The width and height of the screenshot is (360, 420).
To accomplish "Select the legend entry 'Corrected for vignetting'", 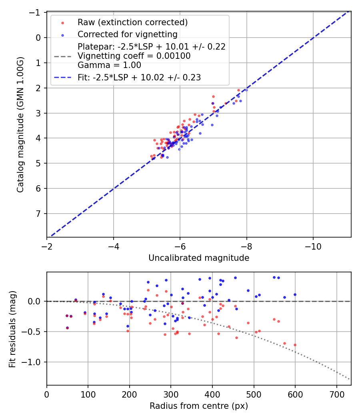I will [x=127, y=34].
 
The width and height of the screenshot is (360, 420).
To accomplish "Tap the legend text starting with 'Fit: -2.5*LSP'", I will [x=139, y=78].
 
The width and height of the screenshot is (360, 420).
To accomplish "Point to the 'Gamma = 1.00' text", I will [x=109, y=65].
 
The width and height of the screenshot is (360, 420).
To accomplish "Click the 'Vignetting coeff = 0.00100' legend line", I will [x=134, y=56].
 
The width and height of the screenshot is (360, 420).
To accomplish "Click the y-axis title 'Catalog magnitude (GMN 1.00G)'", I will [x=20, y=124].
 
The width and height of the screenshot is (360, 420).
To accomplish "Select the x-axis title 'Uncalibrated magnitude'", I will [x=199, y=258].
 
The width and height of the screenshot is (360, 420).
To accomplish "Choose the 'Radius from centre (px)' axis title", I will [x=199, y=406].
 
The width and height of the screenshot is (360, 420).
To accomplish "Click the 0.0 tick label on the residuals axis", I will [x=35, y=301].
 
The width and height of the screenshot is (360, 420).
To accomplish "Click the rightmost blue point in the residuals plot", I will [x=295, y=294].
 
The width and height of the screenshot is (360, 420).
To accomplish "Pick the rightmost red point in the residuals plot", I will [x=295, y=345].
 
